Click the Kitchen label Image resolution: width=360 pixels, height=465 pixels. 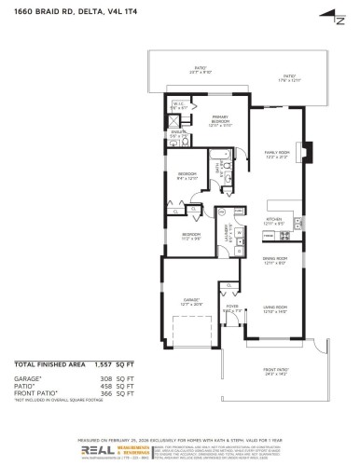point(274,221)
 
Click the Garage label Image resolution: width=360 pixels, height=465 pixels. point(192,301)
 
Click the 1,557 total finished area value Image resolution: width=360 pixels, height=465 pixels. point(122,364)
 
